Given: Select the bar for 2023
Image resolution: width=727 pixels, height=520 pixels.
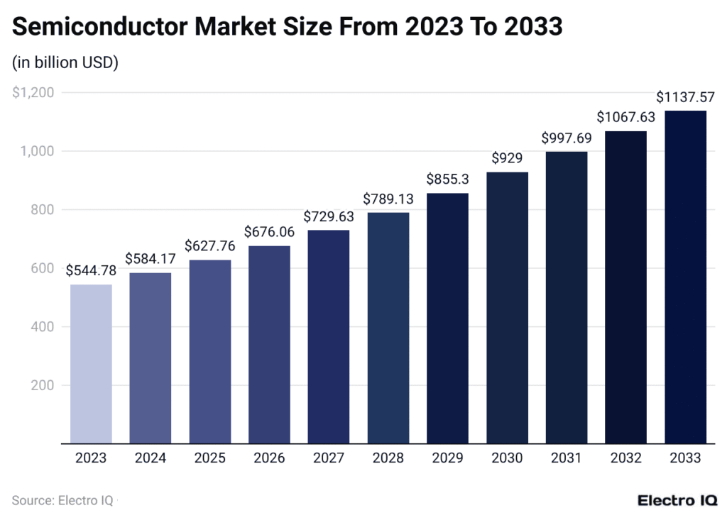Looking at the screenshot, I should (x=91, y=364).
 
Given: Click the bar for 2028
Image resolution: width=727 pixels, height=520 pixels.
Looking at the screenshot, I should (x=388, y=328).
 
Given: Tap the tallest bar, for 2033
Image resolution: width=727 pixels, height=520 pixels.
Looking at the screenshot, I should (x=685, y=277).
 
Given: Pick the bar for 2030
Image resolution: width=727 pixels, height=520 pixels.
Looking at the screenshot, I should (x=507, y=308).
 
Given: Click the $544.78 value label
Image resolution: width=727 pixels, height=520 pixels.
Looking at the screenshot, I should (x=91, y=270).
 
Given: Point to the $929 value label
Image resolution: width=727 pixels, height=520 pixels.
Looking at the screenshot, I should (x=507, y=157).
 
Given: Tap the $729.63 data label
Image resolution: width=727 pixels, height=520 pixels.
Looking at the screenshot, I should (x=328, y=216).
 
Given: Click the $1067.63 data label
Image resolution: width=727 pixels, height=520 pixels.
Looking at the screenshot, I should (x=625, y=116).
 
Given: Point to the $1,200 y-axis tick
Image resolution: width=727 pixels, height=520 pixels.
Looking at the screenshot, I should (x=34, y=92).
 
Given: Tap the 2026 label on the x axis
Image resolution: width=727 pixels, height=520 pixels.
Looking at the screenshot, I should (x=269, y=458).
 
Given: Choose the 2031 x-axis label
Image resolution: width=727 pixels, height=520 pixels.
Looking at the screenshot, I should (x=566, y=458).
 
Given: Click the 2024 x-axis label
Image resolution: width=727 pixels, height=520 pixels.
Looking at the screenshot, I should (x=150, y=458).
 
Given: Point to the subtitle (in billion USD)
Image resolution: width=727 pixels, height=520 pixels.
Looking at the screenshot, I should (x=65, y=62).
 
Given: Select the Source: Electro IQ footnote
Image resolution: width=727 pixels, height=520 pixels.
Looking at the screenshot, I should (x=62, y=500).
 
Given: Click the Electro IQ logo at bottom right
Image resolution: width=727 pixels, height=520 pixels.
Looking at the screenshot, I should (x=677, y=500).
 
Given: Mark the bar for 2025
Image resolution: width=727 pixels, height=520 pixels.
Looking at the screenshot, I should (x=209, y=352).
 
